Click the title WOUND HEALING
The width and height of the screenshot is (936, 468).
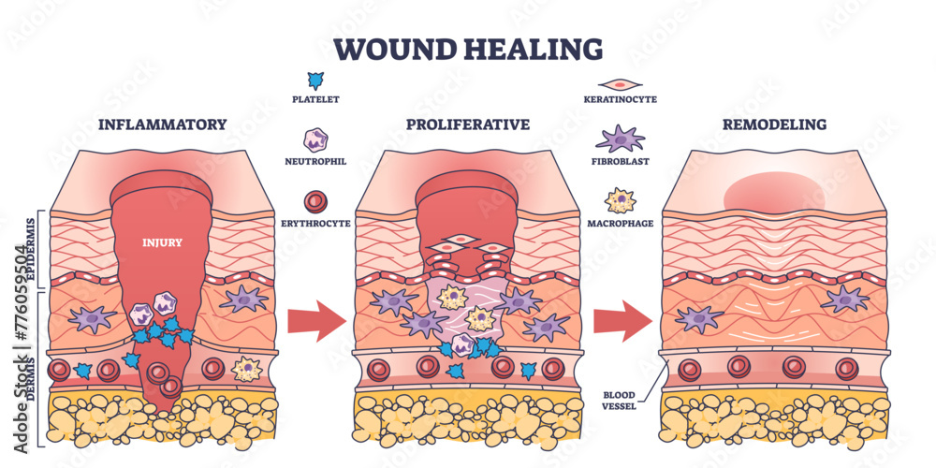pyautogui.click(x=468, y=48)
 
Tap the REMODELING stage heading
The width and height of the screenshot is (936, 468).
pyautogui.click(x=773, y=124)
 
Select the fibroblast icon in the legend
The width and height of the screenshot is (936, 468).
pyautogui.click(x=621, y=139)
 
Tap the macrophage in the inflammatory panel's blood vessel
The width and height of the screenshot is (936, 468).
pyautogui.click(x=246, y=369)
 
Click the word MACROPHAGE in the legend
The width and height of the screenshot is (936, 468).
pyautogui.click(x=622, y=224)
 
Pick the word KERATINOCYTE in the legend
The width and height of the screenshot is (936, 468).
pyautogui.click(x=621, y=98)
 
